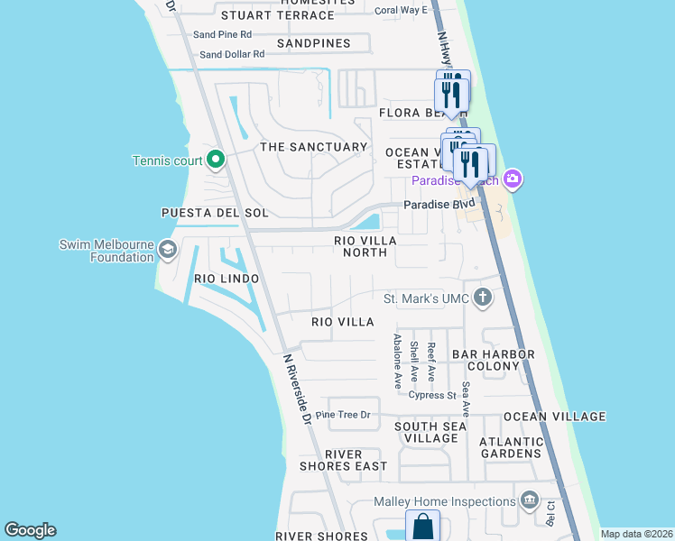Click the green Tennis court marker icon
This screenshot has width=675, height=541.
pos(215,160)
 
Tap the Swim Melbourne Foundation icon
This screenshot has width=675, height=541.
pos(167,250)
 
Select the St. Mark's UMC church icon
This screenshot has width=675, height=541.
pos(483,298)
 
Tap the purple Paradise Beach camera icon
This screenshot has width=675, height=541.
pos(513,180)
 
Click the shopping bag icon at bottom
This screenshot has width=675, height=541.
pos(421,526)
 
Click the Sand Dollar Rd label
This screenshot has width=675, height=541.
pos(232,54)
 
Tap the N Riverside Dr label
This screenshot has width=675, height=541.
pos(296,389)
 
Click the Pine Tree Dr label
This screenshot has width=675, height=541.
pos(342,415)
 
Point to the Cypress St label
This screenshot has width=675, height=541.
pos(432,395)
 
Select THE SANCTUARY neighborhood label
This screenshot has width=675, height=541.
pos(313,147)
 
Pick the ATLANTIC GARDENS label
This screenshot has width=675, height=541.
pos(511,447)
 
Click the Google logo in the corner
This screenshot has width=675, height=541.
pos(30,530)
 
